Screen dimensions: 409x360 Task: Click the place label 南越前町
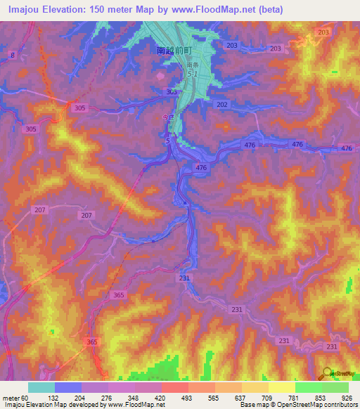pos(172,51)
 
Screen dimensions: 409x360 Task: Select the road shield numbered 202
pos(222,105)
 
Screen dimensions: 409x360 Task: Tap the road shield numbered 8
pos(13,54)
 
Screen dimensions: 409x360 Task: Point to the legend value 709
pos(257,398)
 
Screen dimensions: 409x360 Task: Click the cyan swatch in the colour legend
pos(41,387)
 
